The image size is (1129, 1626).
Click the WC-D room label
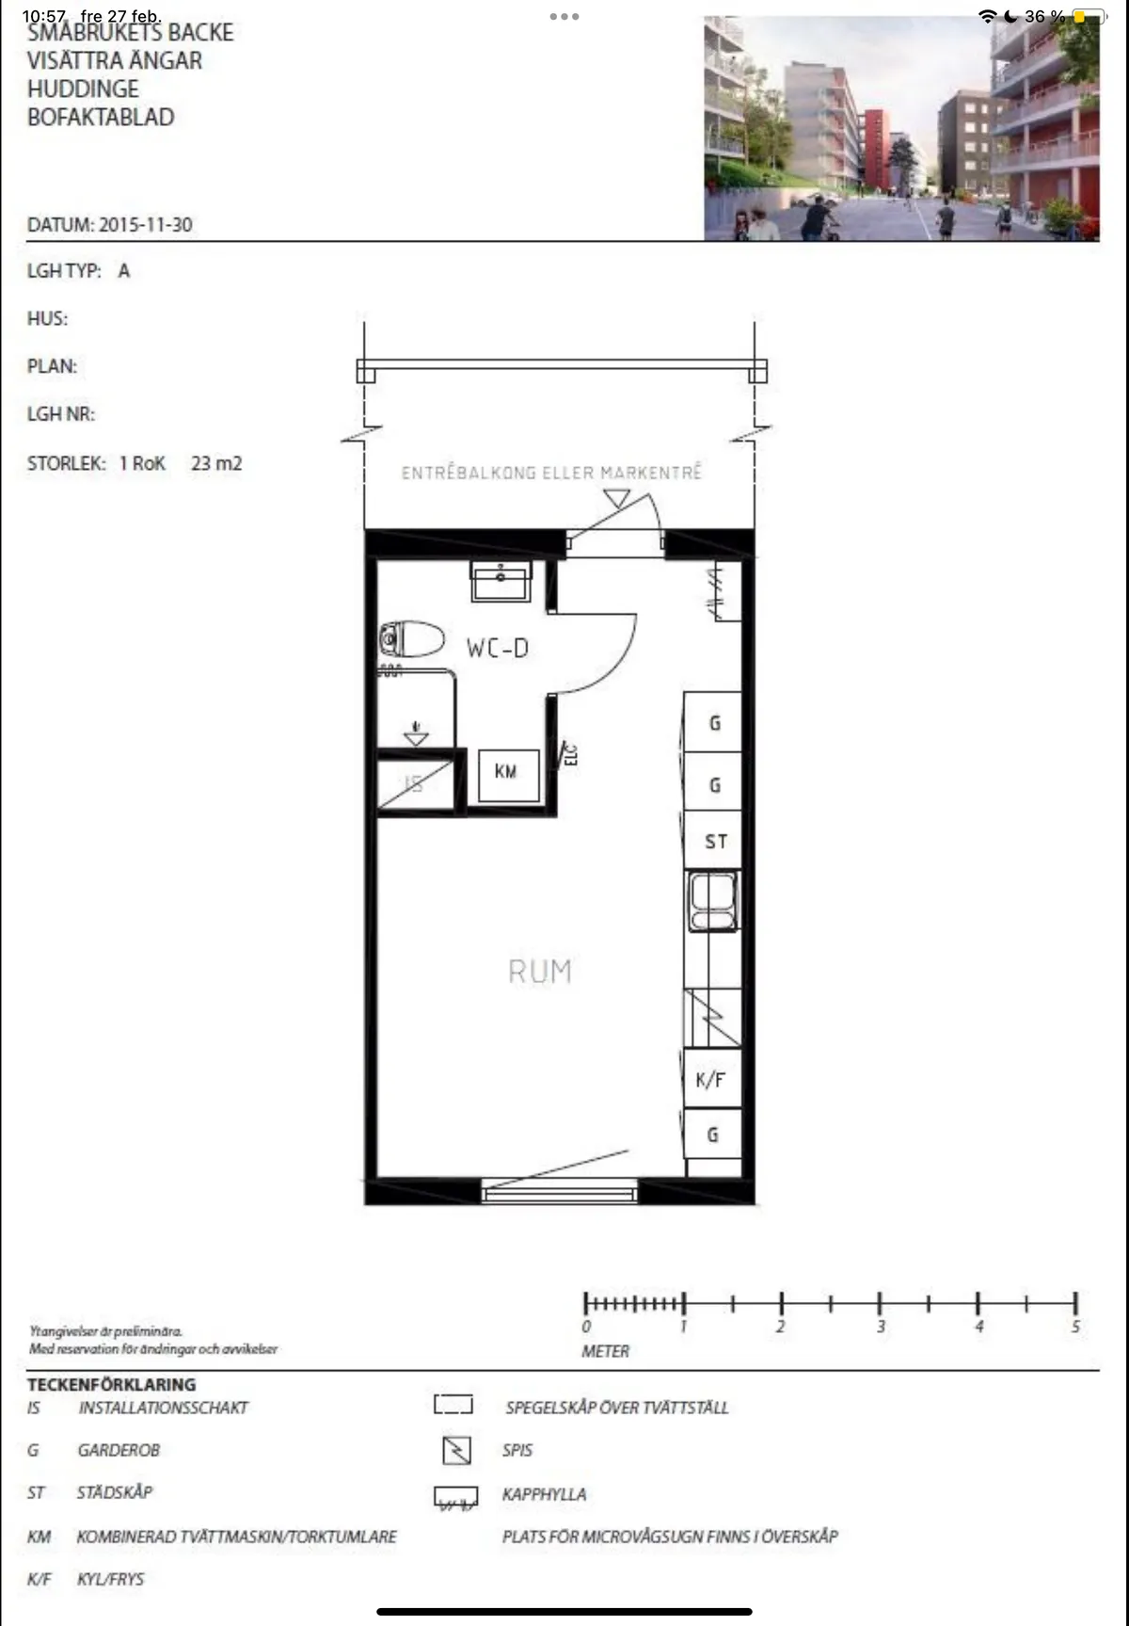pyautogui.click(x=497, y=648)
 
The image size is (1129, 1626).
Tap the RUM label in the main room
pyautogui.click(x=540, y=971)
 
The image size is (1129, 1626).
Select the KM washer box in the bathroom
pyautogui.click(x=508, y=775)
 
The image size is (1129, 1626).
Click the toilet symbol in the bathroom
pyautogui.click(x=412, y=639)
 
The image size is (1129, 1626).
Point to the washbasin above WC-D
pyautogui.click(x=501, y=581)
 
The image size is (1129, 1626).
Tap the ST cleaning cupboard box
pyautogui.click(x=714, y=842)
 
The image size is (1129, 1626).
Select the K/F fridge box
pyautogui.click(x=711, y=1080)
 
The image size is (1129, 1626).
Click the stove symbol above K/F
pyautogui.click(x=712, y=1018)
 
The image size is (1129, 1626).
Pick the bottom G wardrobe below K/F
pyautogui.click(x=713, y=1135)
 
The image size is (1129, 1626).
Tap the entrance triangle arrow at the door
pyautogui.click(x=617, y=498)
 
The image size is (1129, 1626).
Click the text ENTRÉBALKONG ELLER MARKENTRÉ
pyautogui.click(x=551, y=473)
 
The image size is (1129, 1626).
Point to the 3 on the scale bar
pyautogui.click(x=881, y=1327)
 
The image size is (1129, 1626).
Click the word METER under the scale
pyautogui.click(x=605, y=1351)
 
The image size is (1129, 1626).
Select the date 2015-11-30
pyautogui.click(x=146, y=225)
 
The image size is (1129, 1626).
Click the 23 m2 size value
pyautogui.click(x=216, y=463)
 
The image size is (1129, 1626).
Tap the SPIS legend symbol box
pyautogui.click(x=456, y=1450)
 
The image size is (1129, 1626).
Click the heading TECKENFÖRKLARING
pyautogui.click(x=111, y=1384)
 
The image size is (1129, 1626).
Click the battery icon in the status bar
pyautogui.click(x=1089, y=16)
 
